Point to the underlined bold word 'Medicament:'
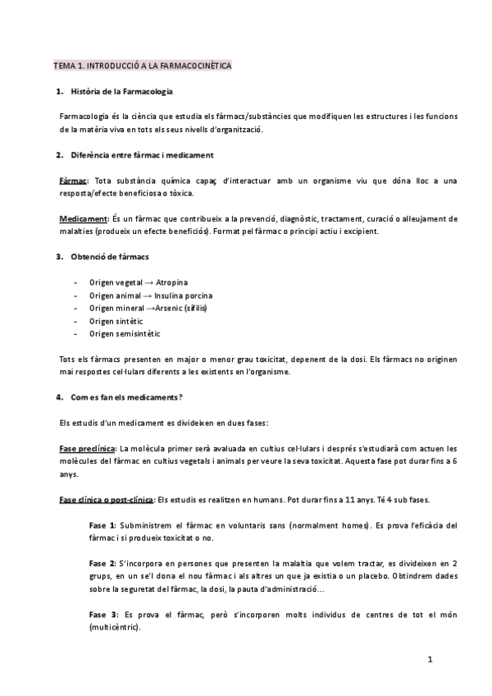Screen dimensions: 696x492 (x=84, y=219)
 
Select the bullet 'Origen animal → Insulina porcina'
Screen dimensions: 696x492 (x=152, y=295)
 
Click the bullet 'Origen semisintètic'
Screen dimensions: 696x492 (x=125, y=334)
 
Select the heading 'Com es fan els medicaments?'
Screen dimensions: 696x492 (x=126, y=397)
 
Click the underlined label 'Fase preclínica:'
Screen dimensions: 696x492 (x=88, y=448)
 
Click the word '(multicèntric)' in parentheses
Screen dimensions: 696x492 (x=114, y=628)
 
